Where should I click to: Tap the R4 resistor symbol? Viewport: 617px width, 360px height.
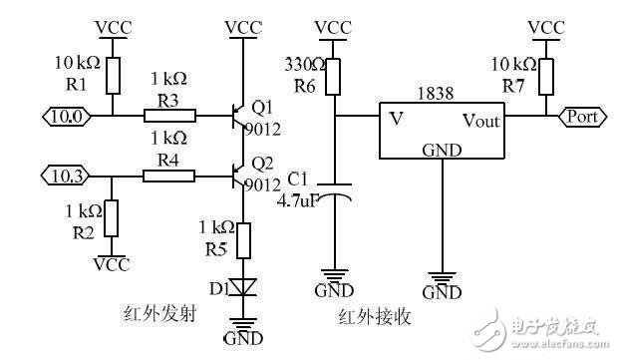coord(167,177)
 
